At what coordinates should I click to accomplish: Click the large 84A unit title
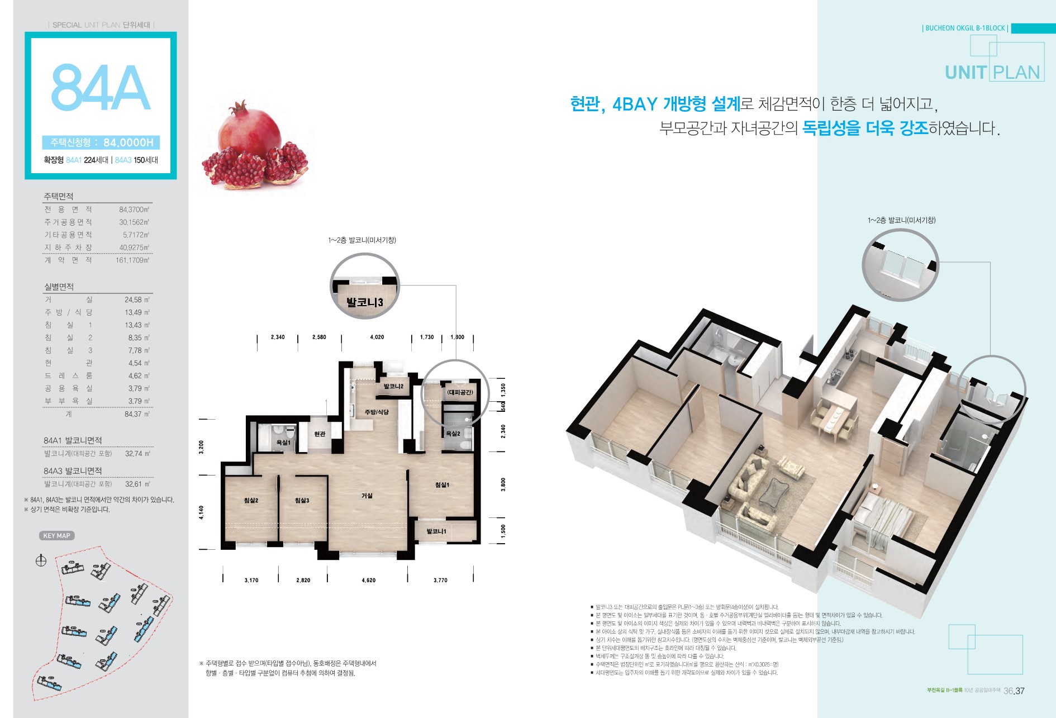[x=101, y=88]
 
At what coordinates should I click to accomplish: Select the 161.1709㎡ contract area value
[x=132, y=260]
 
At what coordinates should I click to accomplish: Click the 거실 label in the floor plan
[x=367, y=496]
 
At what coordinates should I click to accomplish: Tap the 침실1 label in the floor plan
[x=442, y=484]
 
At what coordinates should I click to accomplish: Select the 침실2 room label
[x=251, y=501]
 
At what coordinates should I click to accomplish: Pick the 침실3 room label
[x=302, y=501]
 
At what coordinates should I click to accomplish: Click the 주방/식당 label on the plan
[x=377, y=412]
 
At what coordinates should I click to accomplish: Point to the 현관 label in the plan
[x=320, y=434]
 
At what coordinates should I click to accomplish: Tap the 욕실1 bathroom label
[x=283, y=443]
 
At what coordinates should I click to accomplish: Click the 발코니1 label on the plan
[x=436, y=531]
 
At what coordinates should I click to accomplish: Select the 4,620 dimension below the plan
[x=368, y=581]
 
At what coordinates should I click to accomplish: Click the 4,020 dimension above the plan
[x=377, y=337]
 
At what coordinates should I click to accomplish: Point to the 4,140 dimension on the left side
[x=202, y=512]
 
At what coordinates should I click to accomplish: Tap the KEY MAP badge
[x=57, y=536]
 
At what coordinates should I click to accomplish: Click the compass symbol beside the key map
[x=41, y=561]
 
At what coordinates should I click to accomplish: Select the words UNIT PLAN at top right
[x=992, y=73]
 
